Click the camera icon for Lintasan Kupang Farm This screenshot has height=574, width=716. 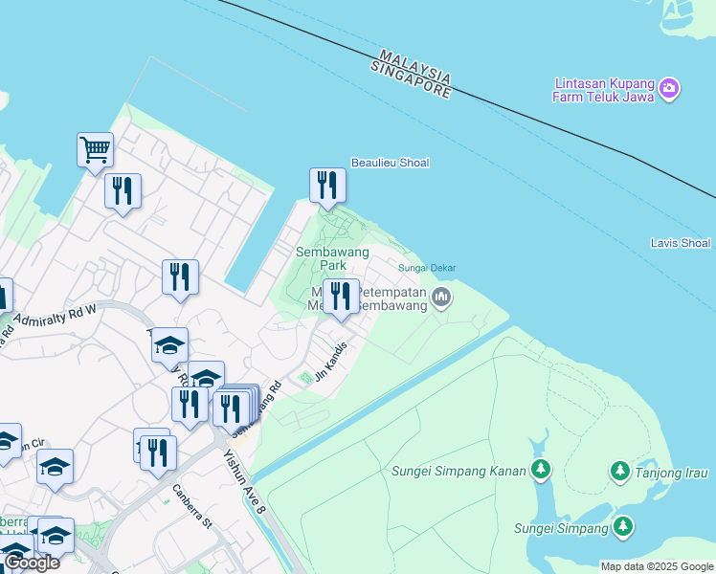click(669, 89)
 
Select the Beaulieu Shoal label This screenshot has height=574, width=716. click(390, 163)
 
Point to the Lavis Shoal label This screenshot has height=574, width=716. click(680, 243)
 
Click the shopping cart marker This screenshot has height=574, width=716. click(96, 149)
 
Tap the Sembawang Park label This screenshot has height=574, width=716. click(320, 257)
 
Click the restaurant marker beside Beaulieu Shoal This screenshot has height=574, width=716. click(326, 185)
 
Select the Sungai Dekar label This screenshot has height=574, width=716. click(427, 269)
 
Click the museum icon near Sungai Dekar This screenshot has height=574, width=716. click(441, 298)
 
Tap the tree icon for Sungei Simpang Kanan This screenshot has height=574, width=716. click(542, 470)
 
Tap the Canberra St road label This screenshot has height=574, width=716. click(191, 506)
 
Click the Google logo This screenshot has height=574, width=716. click(32, 563)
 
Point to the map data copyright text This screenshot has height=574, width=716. click(656, 566)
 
